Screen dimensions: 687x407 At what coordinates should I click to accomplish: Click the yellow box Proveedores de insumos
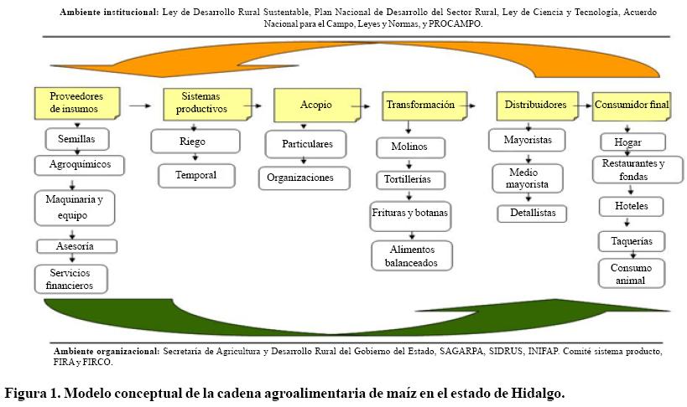coord(76,101)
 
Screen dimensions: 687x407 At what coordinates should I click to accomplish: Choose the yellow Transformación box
coord(420,106)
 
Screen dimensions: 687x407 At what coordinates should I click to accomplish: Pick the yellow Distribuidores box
coord(535,106)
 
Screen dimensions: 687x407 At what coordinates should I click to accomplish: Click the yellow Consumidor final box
coord(632,106)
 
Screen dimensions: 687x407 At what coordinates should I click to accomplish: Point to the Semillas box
coord(76,138)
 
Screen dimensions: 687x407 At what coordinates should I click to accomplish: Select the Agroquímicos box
coord(78,164)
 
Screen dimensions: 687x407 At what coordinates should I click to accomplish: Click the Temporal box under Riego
coord(195,175)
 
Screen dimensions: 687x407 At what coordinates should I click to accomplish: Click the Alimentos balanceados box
coord(412,255)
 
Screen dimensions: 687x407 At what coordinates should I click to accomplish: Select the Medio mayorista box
coord(528,178)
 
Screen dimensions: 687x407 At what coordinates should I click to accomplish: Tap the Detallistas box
coord(532,214)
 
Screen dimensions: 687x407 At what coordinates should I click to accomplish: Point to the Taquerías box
coord(632,241)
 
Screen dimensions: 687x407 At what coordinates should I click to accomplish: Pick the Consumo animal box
coord(631,274)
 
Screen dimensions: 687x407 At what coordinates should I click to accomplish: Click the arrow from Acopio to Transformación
coord(362,106)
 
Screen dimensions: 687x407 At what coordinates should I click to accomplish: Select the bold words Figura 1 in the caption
coord(33,393)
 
